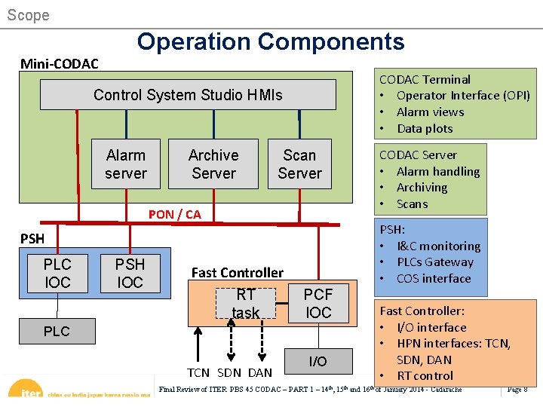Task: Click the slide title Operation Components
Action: [271, 41]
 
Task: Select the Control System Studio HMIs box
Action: [188, 95]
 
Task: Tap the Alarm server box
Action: [126, 164]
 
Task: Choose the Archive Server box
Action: [213, 164]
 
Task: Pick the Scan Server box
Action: [299, 164]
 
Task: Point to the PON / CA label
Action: [175, 214]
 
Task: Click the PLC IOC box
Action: [57, 273]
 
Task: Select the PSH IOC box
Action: [130, 273]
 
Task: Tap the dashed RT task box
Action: [246, 303]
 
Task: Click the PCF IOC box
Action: [318, 303]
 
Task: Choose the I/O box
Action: [318, 362]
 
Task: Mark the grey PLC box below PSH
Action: [57, 331]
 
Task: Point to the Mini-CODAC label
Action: [59, 63]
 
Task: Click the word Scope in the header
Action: [28, 15]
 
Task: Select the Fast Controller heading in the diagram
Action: [238, 272]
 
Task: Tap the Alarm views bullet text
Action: [430, 112]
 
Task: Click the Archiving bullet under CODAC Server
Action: [422, 188]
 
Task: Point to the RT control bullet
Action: [425, 375]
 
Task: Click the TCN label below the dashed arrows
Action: [198, 373]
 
